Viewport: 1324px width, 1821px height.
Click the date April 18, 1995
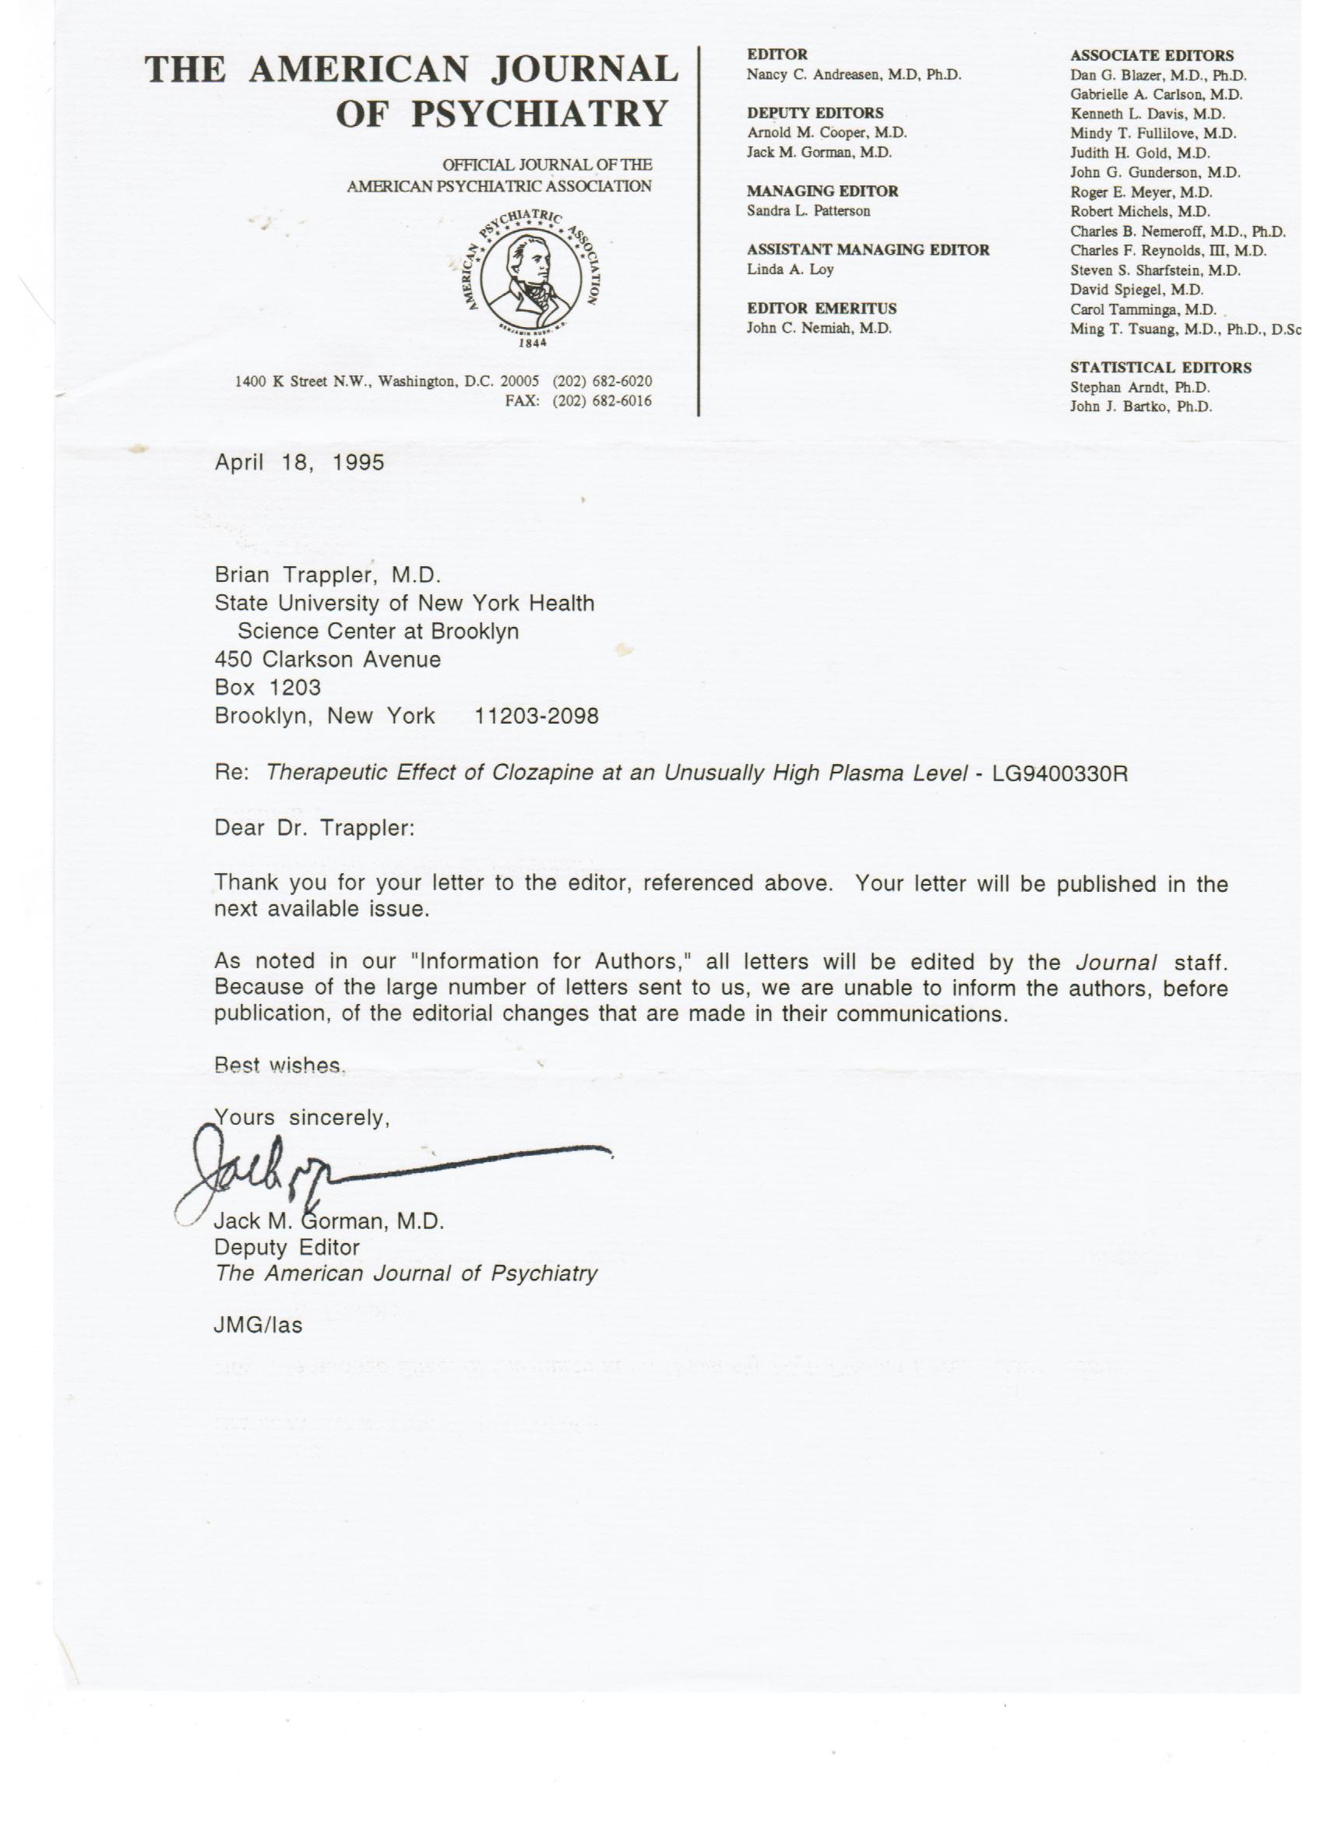point(299,463)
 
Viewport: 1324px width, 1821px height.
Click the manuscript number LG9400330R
point(1060,773)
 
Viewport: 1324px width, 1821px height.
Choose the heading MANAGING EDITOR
point(822,191)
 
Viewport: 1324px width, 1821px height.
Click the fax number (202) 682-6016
point(602,400)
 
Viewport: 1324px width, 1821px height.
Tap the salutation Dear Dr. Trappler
point(314,828)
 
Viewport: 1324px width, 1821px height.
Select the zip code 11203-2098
point(537,717)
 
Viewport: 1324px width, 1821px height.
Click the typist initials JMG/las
point(258,1326)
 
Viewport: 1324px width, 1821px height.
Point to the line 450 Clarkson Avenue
point(328,659)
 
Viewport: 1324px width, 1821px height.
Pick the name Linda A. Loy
point(790,269)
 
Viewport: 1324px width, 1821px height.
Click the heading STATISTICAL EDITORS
point(1160,368)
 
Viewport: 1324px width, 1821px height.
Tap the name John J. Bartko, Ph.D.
point(1140,407)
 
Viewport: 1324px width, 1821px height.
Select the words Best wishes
point(280,1065)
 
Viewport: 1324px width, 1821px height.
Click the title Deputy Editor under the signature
point(286,1247)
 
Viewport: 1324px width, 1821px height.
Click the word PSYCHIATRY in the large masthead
point(540,113)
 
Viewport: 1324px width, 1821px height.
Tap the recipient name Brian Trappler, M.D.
point(328,575)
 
